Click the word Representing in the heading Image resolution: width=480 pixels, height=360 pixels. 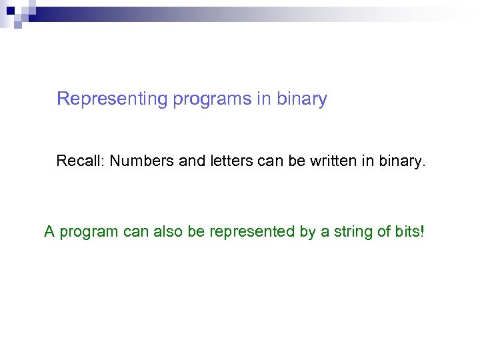click(x=113, y=99)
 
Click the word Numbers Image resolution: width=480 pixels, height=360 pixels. click(x=139, y=161)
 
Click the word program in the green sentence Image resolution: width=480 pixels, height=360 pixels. click(x=87, y=233)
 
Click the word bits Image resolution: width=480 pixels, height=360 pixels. click(x=405, y=232)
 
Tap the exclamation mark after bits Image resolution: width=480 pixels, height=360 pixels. click(x=421, y=232)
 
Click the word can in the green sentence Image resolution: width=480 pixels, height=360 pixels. click(x=136, y=232)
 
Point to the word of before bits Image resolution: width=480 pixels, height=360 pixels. click(x=384, y=232)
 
